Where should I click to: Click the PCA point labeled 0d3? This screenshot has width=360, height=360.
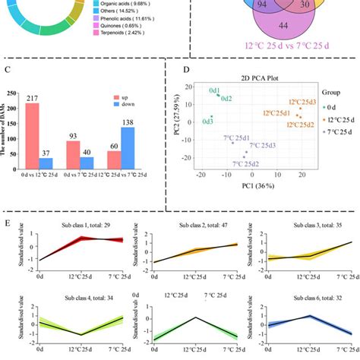point(212,117)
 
